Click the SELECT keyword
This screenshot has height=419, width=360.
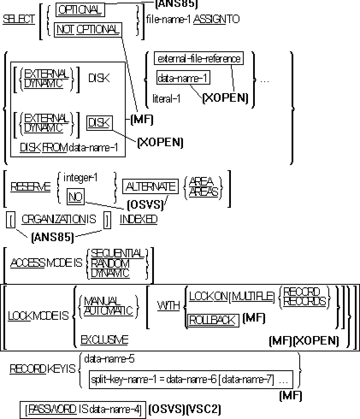(19, 19)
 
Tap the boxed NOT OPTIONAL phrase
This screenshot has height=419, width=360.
(88, 30)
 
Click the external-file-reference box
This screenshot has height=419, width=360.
(199, 59)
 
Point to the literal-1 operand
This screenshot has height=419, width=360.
(166, 98)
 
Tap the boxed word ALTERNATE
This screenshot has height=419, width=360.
(150, 187)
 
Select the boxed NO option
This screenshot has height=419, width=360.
(76, 197)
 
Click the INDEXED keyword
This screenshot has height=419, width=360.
(138, 219)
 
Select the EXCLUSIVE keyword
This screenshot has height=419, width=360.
(104, 340)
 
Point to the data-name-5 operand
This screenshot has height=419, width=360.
(109, 359)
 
